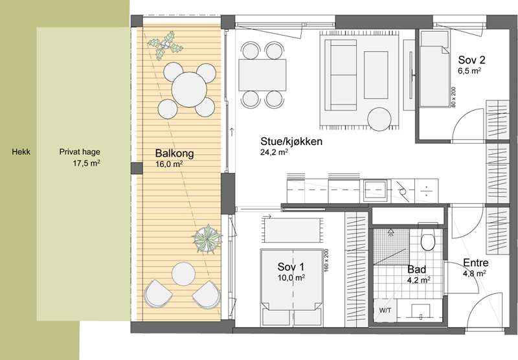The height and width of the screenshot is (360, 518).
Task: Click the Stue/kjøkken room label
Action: click(x=291, y=142)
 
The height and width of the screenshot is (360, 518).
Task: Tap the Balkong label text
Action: click(x=174, y=153)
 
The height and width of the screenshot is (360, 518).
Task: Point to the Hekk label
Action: click(x=21, y=152)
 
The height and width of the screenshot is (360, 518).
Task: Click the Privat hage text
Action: click(x=80, y=152)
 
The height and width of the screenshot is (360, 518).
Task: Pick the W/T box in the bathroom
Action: click(x=385, y=310)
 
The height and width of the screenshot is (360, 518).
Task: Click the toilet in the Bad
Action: click(x=428, y=240)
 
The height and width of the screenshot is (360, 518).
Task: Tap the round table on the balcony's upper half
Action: click(x=189, y=89)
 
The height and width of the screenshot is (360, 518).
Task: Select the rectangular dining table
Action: click(x=262, y=75)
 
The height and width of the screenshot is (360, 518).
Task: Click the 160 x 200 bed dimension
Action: click(x=326, y=260)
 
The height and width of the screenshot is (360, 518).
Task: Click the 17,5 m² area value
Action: click(x=87, y=163)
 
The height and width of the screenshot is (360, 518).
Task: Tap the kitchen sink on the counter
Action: click(x=375, y=190)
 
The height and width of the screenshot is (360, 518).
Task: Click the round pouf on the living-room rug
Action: click(x=379, y=119)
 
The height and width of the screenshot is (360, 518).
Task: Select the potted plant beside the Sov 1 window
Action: click(x=207, y=238)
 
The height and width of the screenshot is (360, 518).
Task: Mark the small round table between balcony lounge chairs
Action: click(x=184, y=274)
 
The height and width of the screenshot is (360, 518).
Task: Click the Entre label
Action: click(x=476, y=263)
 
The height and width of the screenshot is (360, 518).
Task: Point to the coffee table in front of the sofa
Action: click(x=376, y=75)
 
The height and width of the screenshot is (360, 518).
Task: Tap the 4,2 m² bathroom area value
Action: click(x=419, y=280)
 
